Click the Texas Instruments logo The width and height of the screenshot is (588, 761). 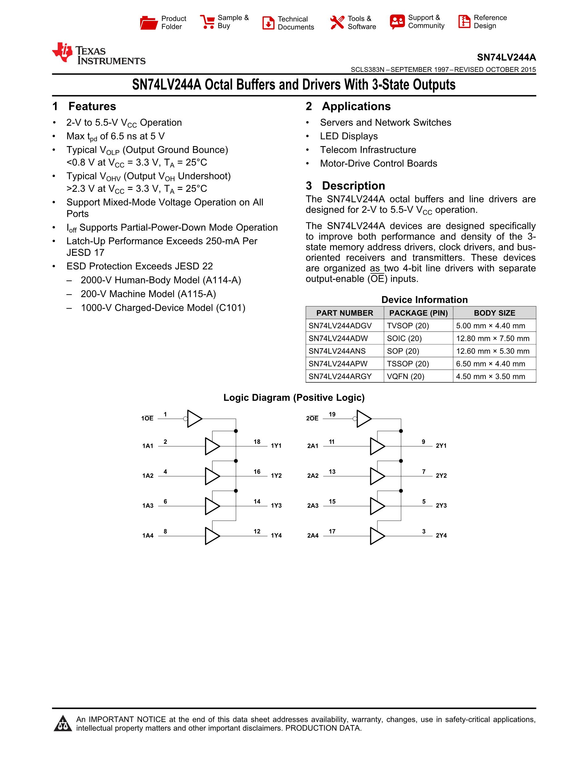(x=98, y=54)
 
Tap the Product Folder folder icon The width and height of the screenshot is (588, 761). (x=149, y=23)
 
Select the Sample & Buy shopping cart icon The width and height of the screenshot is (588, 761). (x=208, y=22)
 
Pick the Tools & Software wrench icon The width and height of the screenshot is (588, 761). (x=337, y=23)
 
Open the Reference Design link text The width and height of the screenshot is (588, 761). (x=490, y=22)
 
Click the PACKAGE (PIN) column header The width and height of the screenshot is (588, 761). (x=418, y=313)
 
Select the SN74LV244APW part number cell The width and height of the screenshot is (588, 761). (x=338, y=364)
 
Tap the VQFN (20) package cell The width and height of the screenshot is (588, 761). (x=405, y=376)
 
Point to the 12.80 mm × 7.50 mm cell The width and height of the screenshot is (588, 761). (x=493, y=338)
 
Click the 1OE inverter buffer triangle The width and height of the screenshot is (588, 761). (x=194, y=418)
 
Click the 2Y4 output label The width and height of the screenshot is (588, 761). (x=441, y=536)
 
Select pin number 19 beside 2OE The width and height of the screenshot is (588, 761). (x=332, y=414)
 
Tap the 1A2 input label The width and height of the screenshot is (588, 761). (x=148, y=476)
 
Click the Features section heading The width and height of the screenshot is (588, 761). (x=92, y=106)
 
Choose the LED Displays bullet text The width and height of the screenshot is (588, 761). (x=349, y=136)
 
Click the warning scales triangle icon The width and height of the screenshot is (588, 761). (x=63, y=724)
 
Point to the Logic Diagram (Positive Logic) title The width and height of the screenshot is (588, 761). (x=294, y=397)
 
